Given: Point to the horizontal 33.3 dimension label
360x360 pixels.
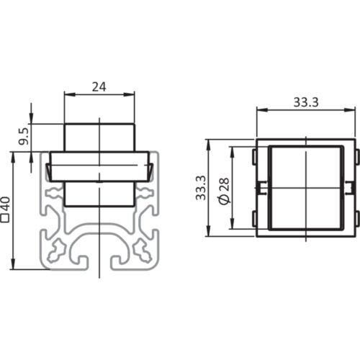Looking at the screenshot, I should click(x=306, y=102).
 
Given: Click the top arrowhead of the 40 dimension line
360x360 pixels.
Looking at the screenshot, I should click(x=14, y=155).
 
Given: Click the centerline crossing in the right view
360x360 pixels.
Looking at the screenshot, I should click(x=306, y=189).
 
